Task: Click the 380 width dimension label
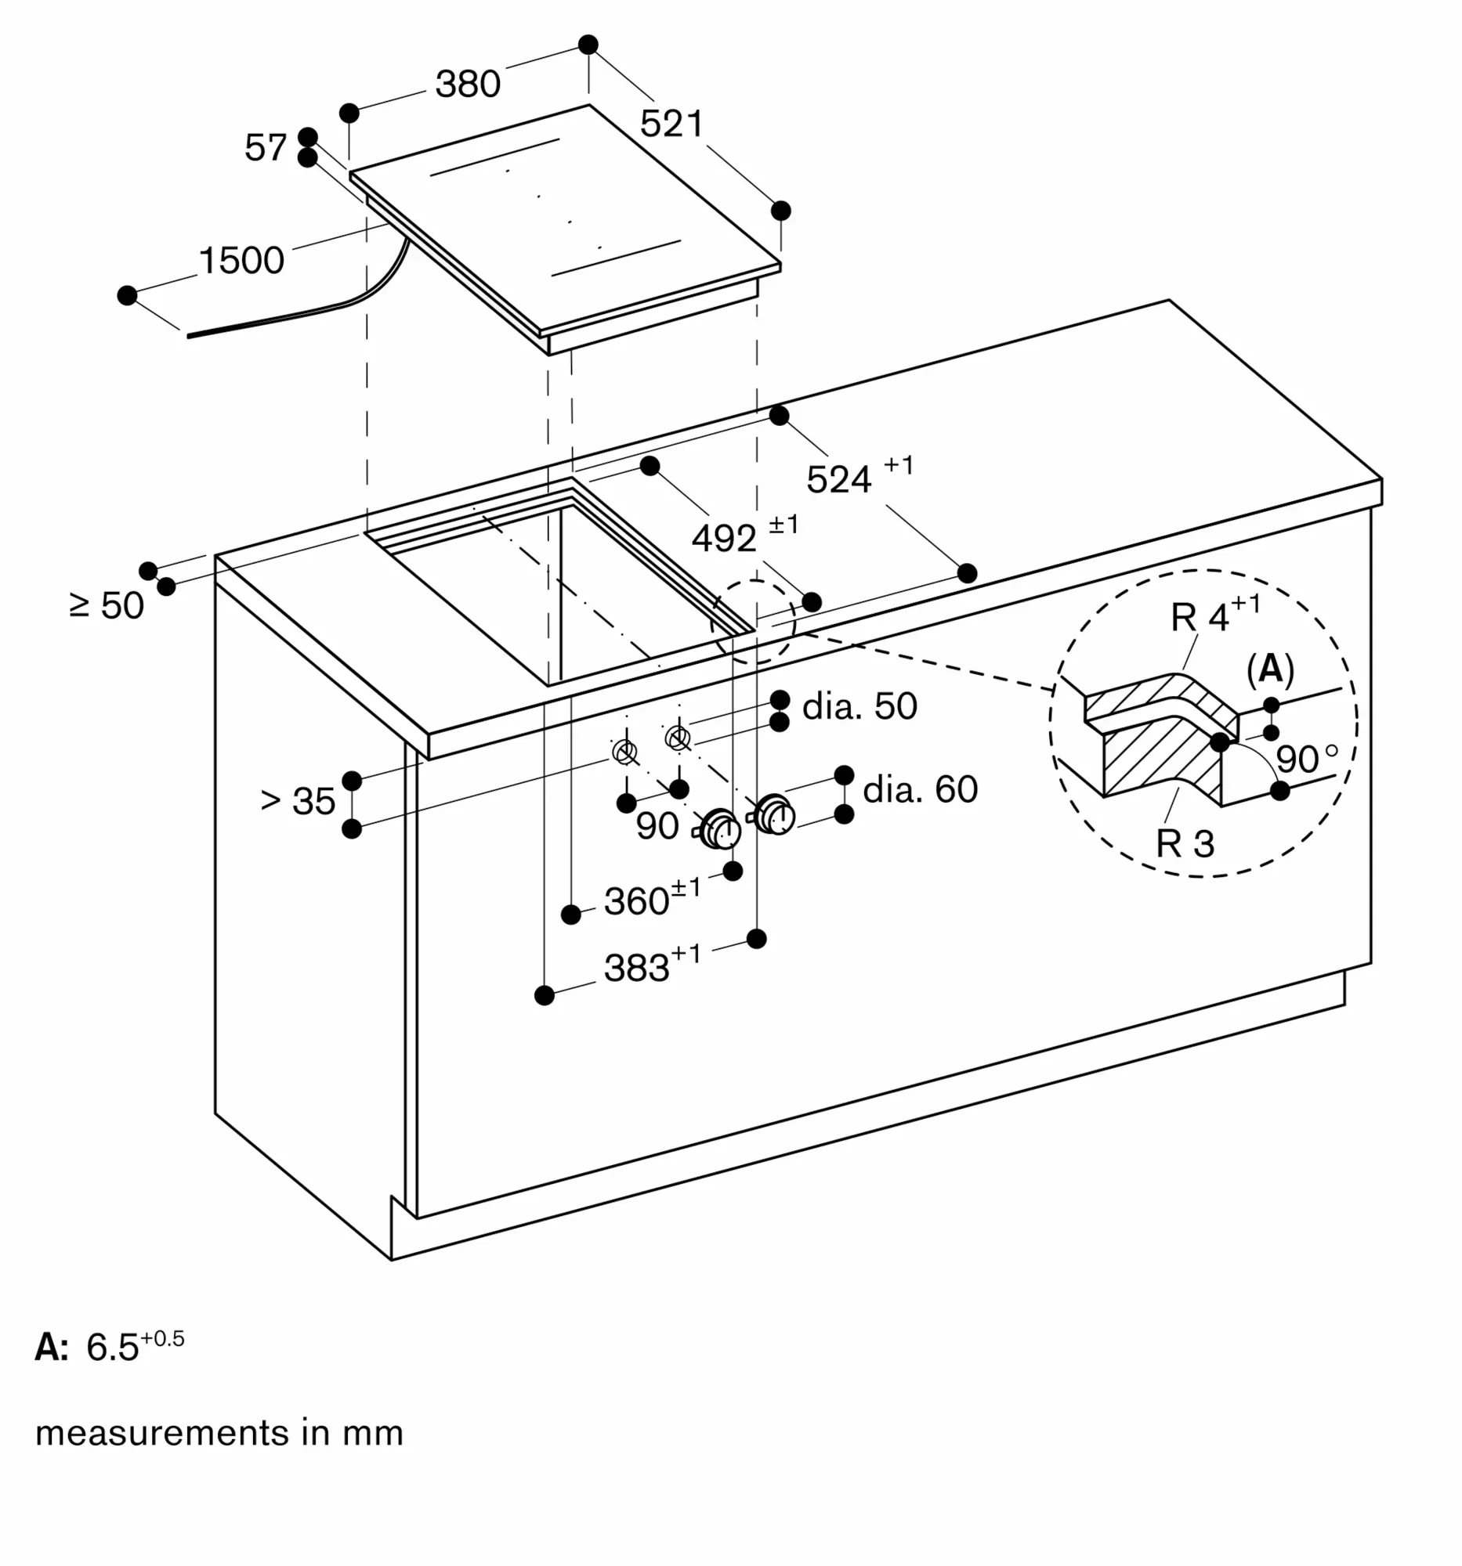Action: [x=469, y=85]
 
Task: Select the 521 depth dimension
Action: [x=671, y=124]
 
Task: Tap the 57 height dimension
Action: [x=266, y=147]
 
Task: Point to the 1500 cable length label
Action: [x=241, y=261]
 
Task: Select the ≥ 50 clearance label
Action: [x=107, y=606]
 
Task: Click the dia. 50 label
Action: [x=859, y=706]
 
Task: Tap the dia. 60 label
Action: [x=921, y=789]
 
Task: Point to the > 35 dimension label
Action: [x=298, y=801]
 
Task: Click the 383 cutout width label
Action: [x=652, y=964]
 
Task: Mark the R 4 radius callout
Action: [x=1215, y=615]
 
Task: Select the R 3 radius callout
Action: [x=1185, y=843]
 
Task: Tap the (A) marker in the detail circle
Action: [x=1271, y=669]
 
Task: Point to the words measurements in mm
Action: [x=219, y=1432]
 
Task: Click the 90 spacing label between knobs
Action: [x=657, y=825]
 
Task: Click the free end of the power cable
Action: [x=188, y=336]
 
